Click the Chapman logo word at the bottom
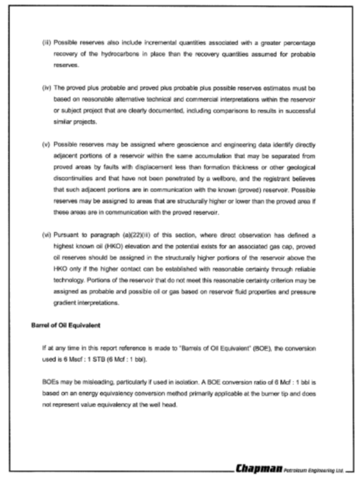pyautogui.click(x=259, y=468)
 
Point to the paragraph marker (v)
pyautogui.click(x=46, y=144)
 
